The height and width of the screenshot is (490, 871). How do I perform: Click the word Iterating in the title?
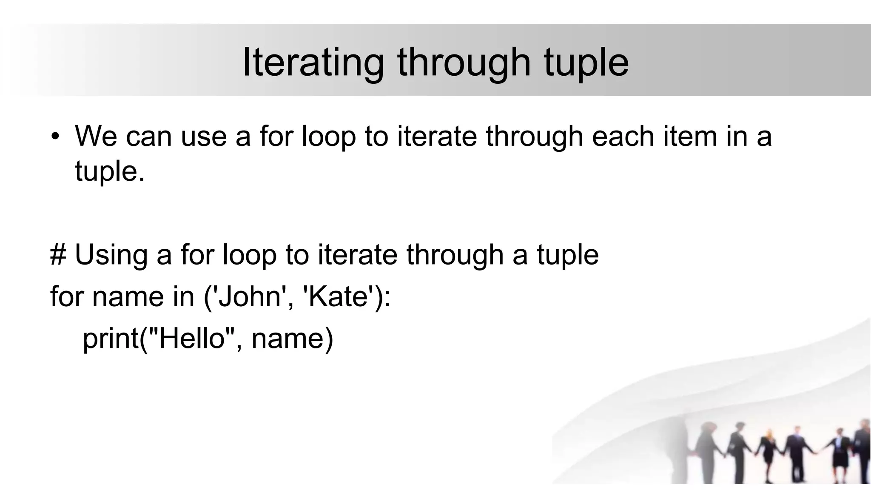[x=313, y=63]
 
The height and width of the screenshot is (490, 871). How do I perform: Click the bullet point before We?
[x=55, y=137]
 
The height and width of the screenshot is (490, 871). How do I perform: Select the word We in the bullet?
[x=96, y=136]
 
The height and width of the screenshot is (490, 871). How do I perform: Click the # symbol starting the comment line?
[x=58, y=255]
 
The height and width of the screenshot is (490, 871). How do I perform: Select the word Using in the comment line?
[x=111, y=255]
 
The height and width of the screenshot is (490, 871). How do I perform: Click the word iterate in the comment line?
[x=358, y=255]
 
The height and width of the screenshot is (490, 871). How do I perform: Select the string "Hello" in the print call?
[x=191, y=339]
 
